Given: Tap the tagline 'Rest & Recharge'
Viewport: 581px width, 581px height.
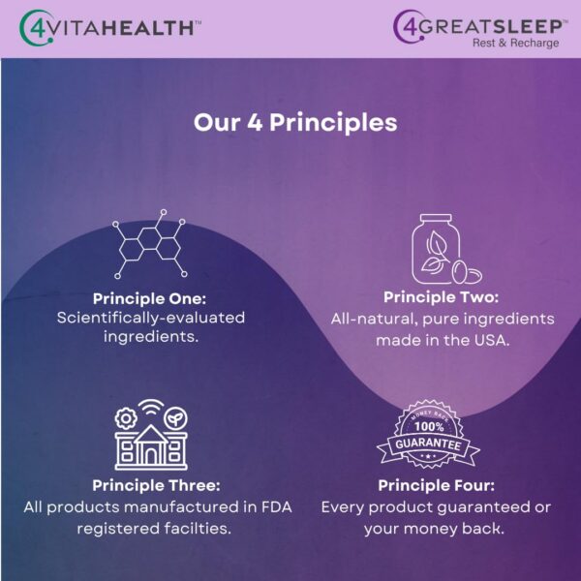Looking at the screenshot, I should coord(515,43).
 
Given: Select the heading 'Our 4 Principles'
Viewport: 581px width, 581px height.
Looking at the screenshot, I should coord(295,123).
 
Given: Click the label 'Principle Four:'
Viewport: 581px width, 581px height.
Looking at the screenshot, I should coord(435,485).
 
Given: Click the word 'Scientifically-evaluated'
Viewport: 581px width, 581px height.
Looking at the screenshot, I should coord(149,318).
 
